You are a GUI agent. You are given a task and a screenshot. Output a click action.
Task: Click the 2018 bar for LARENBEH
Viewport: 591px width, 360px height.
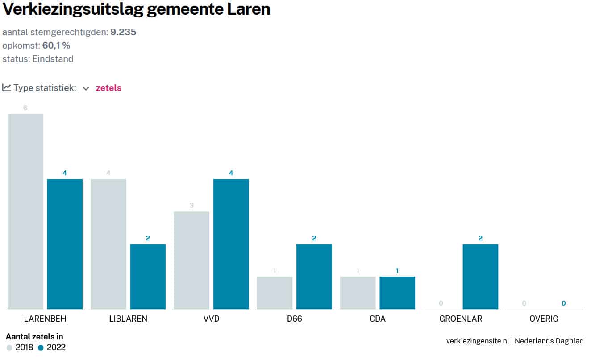point(25,211)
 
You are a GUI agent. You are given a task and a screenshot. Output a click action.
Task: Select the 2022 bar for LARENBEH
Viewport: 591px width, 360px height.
point(65,244)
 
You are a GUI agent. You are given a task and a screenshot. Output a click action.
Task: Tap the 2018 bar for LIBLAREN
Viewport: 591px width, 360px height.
point(108,244)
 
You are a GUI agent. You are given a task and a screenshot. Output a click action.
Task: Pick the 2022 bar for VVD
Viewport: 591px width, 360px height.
point(231,244)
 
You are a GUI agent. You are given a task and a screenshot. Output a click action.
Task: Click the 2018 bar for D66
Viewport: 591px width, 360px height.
point(275,293)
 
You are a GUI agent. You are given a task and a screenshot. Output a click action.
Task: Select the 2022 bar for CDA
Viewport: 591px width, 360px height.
point(397,293)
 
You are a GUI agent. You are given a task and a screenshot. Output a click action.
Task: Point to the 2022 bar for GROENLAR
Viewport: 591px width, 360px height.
point(480,277)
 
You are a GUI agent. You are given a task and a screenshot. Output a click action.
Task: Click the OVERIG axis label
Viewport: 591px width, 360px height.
point(544,319)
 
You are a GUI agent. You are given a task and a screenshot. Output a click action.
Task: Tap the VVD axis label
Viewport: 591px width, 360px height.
point(211,319)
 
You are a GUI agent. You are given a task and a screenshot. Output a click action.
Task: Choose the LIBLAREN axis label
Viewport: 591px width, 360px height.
point(128,319)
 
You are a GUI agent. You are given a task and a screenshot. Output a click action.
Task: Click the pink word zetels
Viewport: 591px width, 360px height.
point(108,88)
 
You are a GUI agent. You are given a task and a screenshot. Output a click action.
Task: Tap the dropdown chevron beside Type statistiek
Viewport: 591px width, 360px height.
point(86,88)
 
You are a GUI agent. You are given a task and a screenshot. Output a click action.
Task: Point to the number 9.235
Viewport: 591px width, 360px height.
point(123,32)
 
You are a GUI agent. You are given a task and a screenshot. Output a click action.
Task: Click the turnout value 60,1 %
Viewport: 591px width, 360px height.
point(56,46)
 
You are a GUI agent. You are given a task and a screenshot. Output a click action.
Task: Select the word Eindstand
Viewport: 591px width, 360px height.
point(53,59)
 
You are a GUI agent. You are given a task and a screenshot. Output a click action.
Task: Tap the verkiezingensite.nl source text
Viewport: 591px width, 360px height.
point(477,341)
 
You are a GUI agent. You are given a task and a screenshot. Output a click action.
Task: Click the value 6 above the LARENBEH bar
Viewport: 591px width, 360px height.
point(25,108)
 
